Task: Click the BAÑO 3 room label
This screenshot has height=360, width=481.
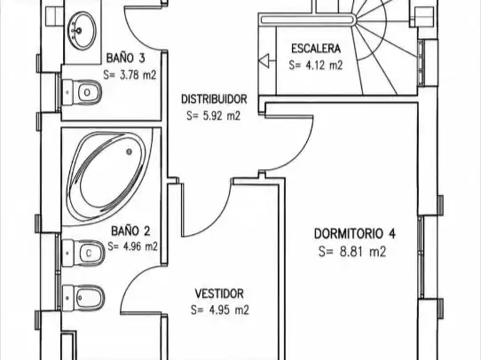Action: pyautogui.click(x=125, y=58)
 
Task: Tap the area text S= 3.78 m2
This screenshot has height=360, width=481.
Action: pyautogui.click(x=130, y=74)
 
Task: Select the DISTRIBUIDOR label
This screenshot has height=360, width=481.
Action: pyautogui.click(x=214, y=99)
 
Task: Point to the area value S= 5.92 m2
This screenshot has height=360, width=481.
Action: pyautogui.click(x=214, y=116)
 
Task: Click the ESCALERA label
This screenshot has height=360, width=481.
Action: pyautogui.click(x=316, y=49)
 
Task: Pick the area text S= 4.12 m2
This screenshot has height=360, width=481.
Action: pyautogui.click(x=315, y=65)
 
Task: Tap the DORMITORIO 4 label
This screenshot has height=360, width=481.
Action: pyautogui.click(x=355, y=233)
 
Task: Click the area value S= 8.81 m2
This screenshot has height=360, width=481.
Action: pyautogui.click(x=352, y=251)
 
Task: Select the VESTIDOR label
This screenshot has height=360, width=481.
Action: pyautogui.click(x=219, y=293)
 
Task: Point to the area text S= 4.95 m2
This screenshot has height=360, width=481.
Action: pyautogui.click(x=219, y=310)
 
